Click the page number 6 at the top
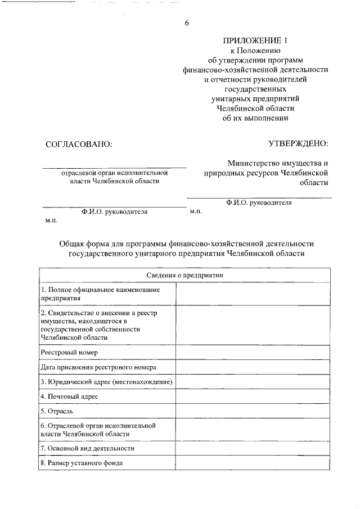click(x=187, y=23)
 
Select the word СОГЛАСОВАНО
click(x=79, y=144)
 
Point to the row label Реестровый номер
click(x=69, y=352)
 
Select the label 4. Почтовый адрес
click(x=69, y=397)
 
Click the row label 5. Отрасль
click(x=57, y=412)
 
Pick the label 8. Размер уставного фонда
click(x=82, y=463)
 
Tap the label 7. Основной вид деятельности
click(x=87, y=448)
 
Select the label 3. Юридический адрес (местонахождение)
click(x=106, y=382)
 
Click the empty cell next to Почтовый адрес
click(x=253, y=397)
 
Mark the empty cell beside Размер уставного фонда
click(x=253, y=463)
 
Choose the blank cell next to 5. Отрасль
click(x=253, y=412)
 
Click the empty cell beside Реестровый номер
click(x=253, y=352)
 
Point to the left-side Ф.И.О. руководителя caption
click(x=114, y=212)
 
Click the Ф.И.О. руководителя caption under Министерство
click(x=259, y=202)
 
